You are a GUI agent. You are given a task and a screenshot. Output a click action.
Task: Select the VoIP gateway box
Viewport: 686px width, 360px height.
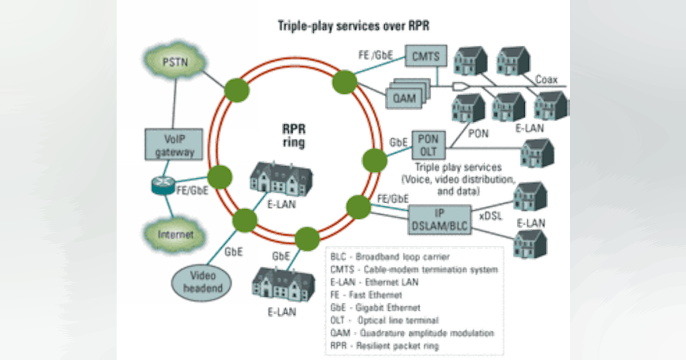click(x=174, y=145)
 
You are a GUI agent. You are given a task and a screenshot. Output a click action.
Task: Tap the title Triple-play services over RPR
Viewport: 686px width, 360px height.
click(x=354, y=26)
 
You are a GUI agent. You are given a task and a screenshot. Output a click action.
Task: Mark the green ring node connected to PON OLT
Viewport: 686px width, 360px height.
click(x=374, y=160)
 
